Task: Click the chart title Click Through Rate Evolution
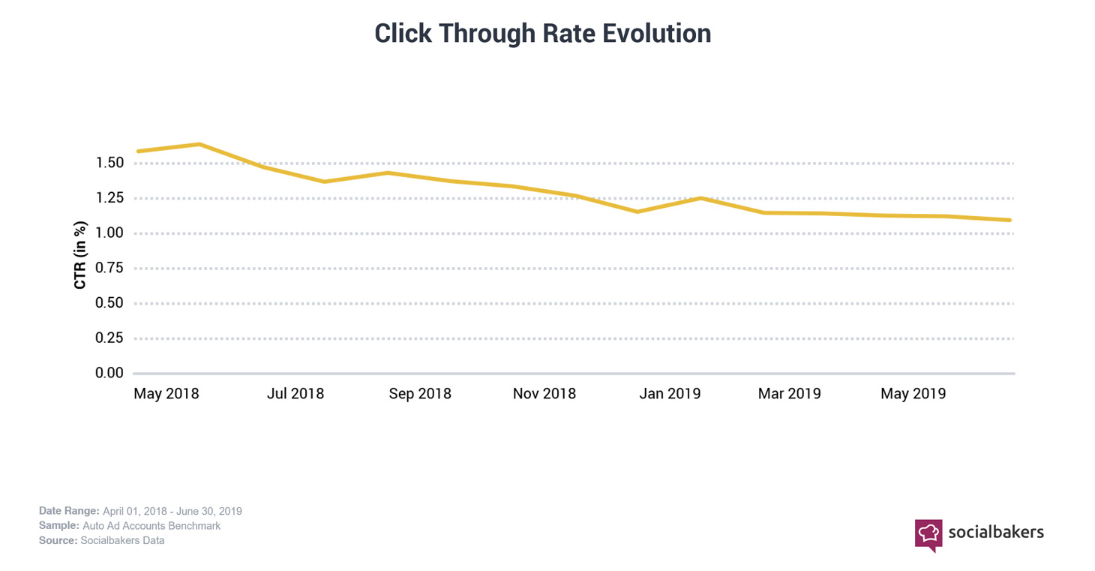(542, 34)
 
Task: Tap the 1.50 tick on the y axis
(109, 163)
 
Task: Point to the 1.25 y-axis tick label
(109, 198)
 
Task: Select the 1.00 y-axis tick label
(109, 233)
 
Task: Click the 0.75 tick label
(109, 268)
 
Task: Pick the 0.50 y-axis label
(109, 303)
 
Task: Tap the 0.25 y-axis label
(109, 338)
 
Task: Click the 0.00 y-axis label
(109, 373)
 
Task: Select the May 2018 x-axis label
(166, 394)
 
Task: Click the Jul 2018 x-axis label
(295, 394)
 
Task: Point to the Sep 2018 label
(420, 394)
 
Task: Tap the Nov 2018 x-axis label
(544, 394)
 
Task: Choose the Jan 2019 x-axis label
(670, 394)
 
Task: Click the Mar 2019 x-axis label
(789, 394)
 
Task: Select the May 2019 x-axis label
(913, 394)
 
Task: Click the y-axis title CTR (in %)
(80, 255)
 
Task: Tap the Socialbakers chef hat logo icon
(928, 534)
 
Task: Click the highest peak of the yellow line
(199, 144)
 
